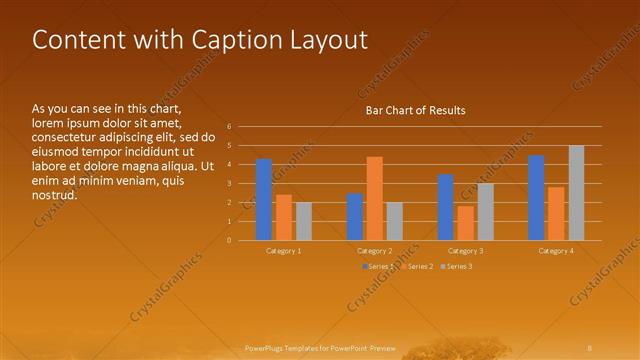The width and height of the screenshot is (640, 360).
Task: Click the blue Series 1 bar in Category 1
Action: point(264,199)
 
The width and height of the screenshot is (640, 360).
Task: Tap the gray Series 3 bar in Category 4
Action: point(576,192)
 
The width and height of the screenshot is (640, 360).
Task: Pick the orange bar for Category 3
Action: point(465,223)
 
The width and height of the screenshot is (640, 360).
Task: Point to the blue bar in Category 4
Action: point(536,197)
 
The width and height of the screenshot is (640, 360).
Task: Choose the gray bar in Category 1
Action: point(304,221)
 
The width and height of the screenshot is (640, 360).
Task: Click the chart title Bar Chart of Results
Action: point(415,110)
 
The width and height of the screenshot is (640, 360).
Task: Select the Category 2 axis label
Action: point(374,251)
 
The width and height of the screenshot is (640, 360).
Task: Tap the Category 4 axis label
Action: point(556,251)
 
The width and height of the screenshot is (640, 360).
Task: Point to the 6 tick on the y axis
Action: point(230,127)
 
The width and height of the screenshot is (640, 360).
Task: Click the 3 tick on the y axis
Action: point(230,184)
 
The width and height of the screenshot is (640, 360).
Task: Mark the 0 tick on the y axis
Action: point(230,240)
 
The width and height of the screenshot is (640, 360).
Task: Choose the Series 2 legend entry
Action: point(418,266)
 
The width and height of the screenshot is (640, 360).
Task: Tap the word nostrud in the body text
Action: point(55,195)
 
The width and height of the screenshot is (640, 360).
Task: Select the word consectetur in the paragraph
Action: point(66,137)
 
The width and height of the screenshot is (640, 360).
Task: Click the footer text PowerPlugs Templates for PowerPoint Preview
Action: point(320,347)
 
